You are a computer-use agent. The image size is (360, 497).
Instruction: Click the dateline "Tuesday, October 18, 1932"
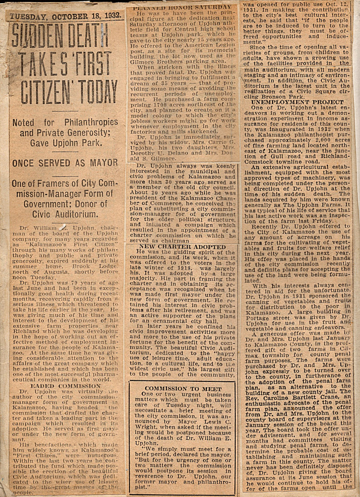coord(65,17)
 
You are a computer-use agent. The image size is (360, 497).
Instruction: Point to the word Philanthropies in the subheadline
coord(92,122)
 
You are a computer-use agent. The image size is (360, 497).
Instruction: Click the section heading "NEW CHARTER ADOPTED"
coord(182,247)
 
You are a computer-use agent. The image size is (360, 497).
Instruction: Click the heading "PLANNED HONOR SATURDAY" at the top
coord(182,7)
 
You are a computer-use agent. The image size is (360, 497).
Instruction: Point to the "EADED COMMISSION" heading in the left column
coord(66,386)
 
